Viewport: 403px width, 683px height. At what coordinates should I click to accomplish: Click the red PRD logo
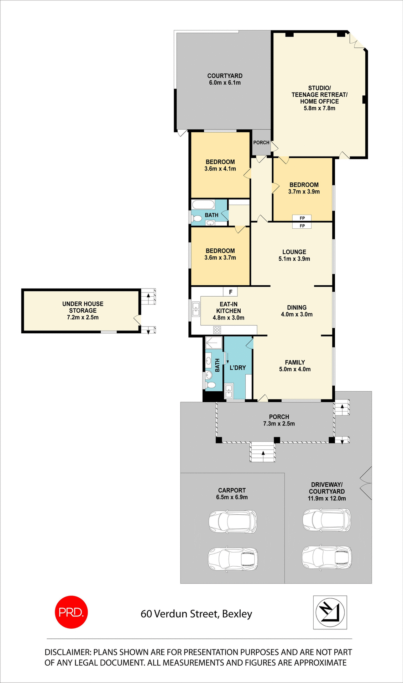point(71,612)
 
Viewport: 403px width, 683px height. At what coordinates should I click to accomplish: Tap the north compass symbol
point(330,612)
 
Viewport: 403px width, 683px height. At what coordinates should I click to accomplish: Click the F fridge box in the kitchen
point(230,292)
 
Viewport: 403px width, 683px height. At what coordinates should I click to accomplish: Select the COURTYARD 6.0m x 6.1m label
point(225,79)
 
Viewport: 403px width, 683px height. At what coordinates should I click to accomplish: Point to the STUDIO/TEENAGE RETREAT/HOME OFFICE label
point(319,98)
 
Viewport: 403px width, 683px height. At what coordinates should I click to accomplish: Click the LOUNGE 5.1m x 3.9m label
point(294,255)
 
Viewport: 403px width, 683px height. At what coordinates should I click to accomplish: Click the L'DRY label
point(237,367)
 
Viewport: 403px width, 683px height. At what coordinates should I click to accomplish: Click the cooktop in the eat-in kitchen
point(217,330)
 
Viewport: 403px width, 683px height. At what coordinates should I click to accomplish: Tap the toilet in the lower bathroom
point(210,385)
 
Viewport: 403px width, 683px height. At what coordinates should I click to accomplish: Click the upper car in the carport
point(233,521)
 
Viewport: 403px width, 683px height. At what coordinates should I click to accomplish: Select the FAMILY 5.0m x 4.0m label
point(295,366)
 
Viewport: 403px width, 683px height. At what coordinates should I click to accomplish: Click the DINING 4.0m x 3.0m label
point(297,311)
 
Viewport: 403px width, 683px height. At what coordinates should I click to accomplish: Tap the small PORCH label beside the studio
point(261,142)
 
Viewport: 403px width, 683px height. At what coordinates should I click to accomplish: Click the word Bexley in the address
point(237,614)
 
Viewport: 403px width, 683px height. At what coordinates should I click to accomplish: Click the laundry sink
point(229,391)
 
